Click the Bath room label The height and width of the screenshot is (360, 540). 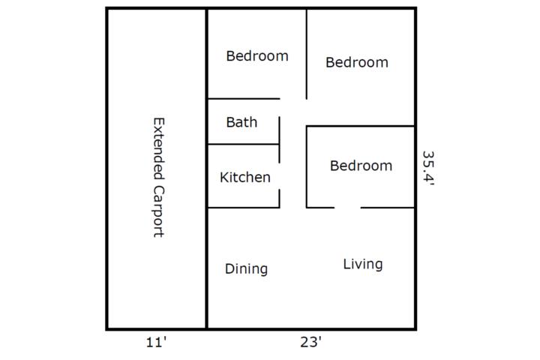pyautogui.click(x=241, y=122)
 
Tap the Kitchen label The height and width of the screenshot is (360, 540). pyautogui.click(x=244, y=178)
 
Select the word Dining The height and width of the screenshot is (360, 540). pyautogui.click(x=246, y=269)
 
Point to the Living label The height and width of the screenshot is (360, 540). pyautogui.click(x=363, y=264)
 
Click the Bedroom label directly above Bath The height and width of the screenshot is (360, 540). pyautogui.click(x=257, y=55)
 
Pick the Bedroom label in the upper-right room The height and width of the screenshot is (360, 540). pyautogui.click(x=357, y=62)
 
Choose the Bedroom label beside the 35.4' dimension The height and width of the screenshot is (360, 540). pyautogui.click(x=361, y=166)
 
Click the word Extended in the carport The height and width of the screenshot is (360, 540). pyautogui.click(x=159, y=148)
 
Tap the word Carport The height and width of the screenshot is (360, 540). pyautogui.click(x=159, y=211)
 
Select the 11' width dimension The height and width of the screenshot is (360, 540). pyautogui.click(x=156, y=343)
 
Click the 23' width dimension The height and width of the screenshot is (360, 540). pyautogui.click(x=311, y=342)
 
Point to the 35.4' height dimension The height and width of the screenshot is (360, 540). pyautogui.click(x=428, y=168)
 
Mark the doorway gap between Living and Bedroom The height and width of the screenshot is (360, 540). pyautogui.click(x=347, y=208)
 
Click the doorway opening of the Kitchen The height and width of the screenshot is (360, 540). pyautogui.click(x=279, y=176)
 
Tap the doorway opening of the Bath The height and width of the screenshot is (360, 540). pyautogui.click(x=279, y=108)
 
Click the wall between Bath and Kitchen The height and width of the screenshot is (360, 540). pyautogui.click(x=244, y=144)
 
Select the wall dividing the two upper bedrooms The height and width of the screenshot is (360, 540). pyautogui.click(x=307, y=55)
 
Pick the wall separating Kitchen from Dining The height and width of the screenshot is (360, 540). pyautogui.click(x=244, y=208)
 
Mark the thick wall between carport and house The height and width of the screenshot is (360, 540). pyautogui.click(x=207, y=169)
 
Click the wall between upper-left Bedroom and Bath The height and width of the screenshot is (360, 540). pyautogui.click(x=244, y=99)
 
